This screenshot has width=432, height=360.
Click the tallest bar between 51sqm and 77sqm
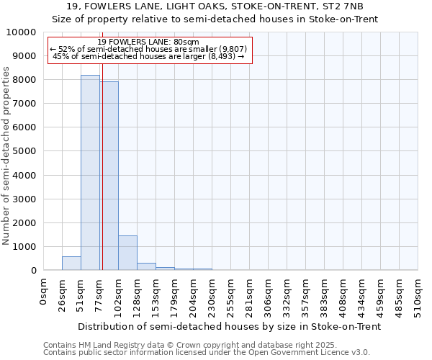(90, 173)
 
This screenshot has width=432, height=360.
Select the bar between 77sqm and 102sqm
(109, 176)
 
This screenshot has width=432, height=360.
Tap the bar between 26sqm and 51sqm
(71, 264)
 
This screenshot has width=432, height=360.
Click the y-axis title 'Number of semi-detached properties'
(7, 156)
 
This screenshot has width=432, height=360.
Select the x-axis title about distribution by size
(229, 326)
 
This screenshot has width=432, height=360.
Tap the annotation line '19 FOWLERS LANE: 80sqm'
(148, 42)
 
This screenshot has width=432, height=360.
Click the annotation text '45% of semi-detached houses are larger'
(149, 56)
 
